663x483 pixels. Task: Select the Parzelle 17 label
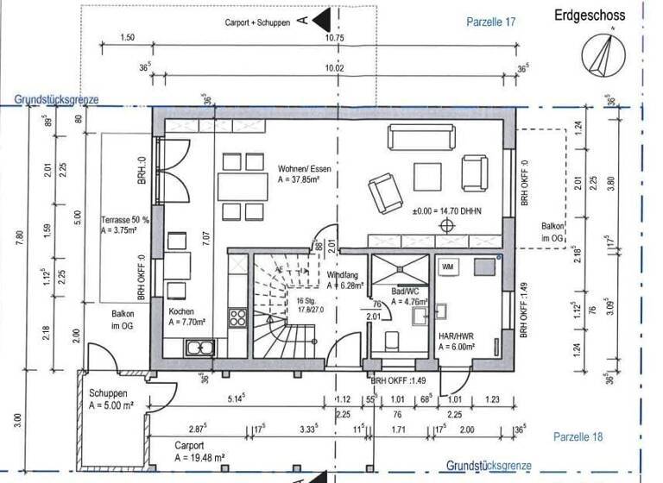tap(489, 22)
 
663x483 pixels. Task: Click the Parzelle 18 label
tap(578, 436)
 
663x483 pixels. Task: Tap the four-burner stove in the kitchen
tap(236, 317)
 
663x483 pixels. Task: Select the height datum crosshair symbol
tap(447, 226)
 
